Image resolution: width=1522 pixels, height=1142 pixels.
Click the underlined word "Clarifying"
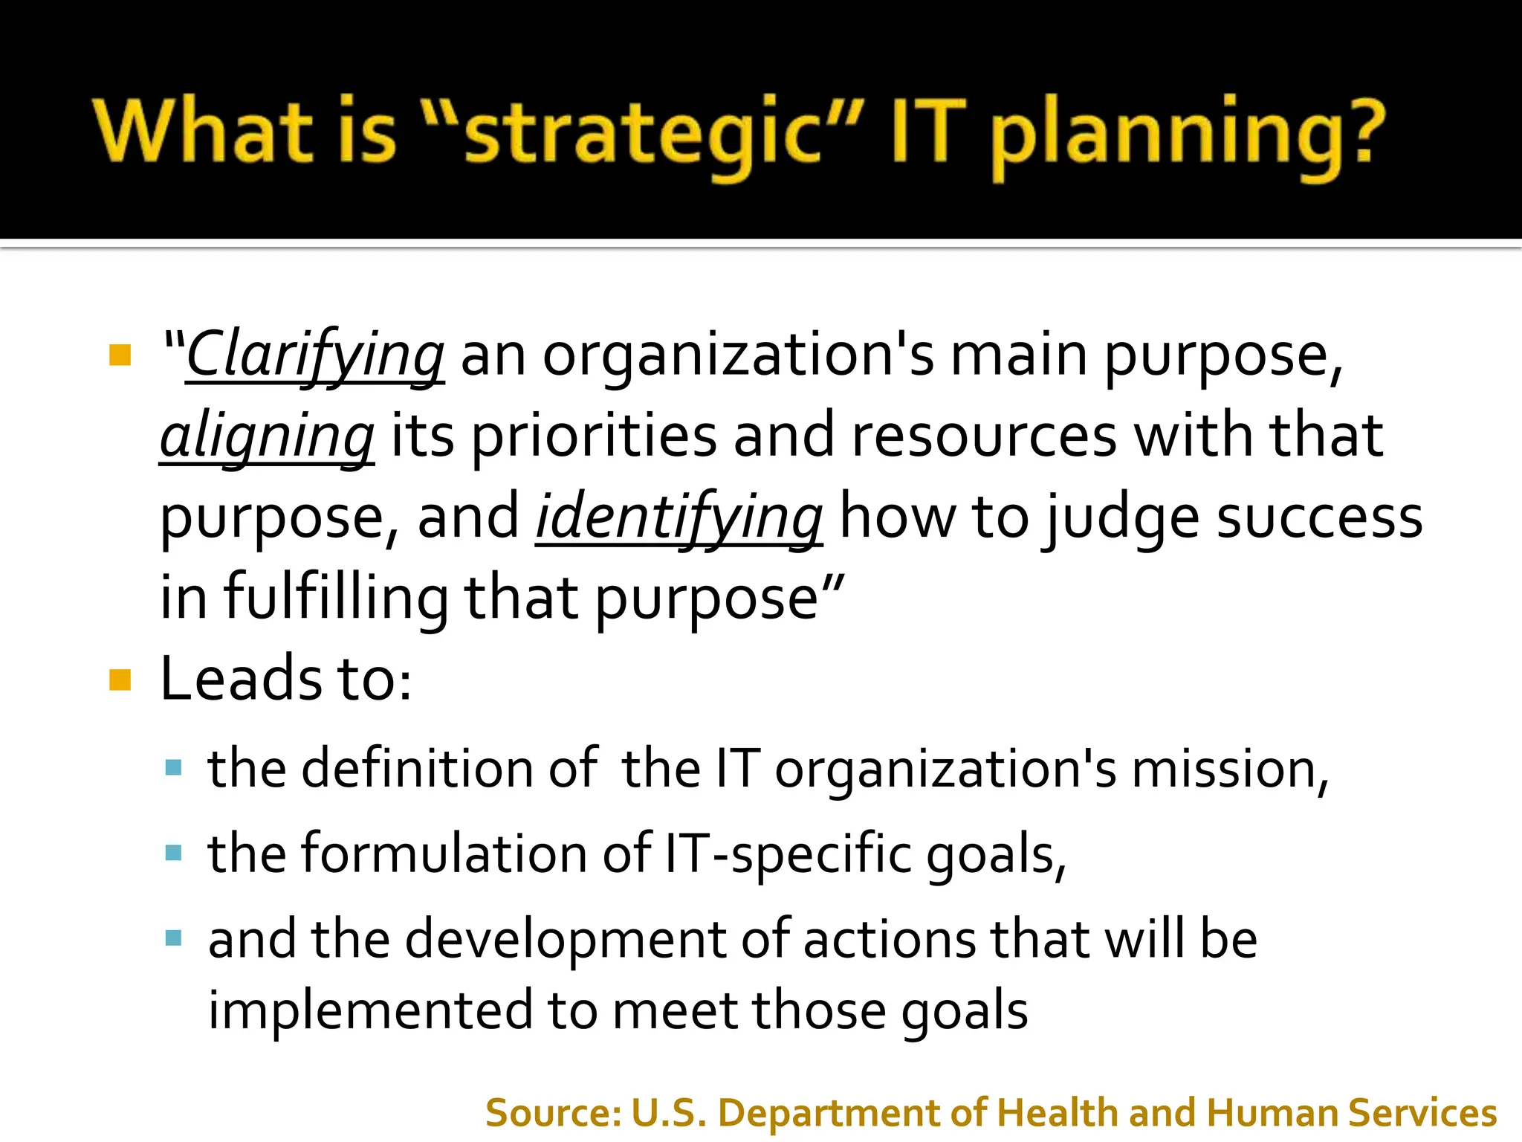tap(315, 355)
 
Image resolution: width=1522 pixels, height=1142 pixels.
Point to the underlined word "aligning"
tap(267, 436)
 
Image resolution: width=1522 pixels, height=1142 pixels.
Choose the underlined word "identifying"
tap(679, 517)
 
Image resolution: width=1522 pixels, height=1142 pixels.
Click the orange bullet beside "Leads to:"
tap(120, 680)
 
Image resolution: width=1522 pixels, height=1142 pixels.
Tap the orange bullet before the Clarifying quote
tap(120, 355)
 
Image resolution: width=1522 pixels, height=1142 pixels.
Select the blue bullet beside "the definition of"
tap(174, 767)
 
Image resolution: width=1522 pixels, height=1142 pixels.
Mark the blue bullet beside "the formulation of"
tap(174, 852)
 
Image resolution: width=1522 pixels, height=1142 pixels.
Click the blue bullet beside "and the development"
tap(174, 938)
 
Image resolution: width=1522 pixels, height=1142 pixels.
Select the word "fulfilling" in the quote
tap(336, 598)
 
